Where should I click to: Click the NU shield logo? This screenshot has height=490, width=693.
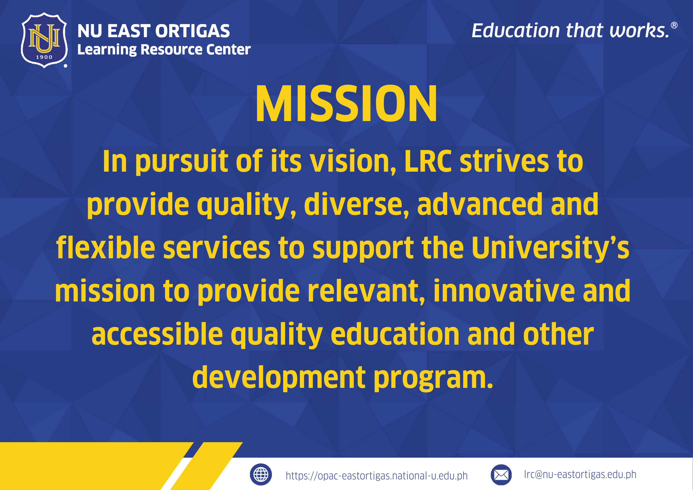click(x=44, y=40)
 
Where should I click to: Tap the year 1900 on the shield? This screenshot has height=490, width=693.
click(x=44, y=57)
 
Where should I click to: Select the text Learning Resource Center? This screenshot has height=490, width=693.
click(x=164, y=49)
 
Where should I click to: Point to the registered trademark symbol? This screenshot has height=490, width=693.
click(x=674, y=25)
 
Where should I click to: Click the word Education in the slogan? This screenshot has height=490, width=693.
click(x=516, y=30)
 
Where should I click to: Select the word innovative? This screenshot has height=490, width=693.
click(x=504, y=291)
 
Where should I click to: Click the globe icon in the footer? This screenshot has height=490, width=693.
click(x=261, y=474)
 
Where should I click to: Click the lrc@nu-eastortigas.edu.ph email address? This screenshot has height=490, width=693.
click(x=580, y=475)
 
